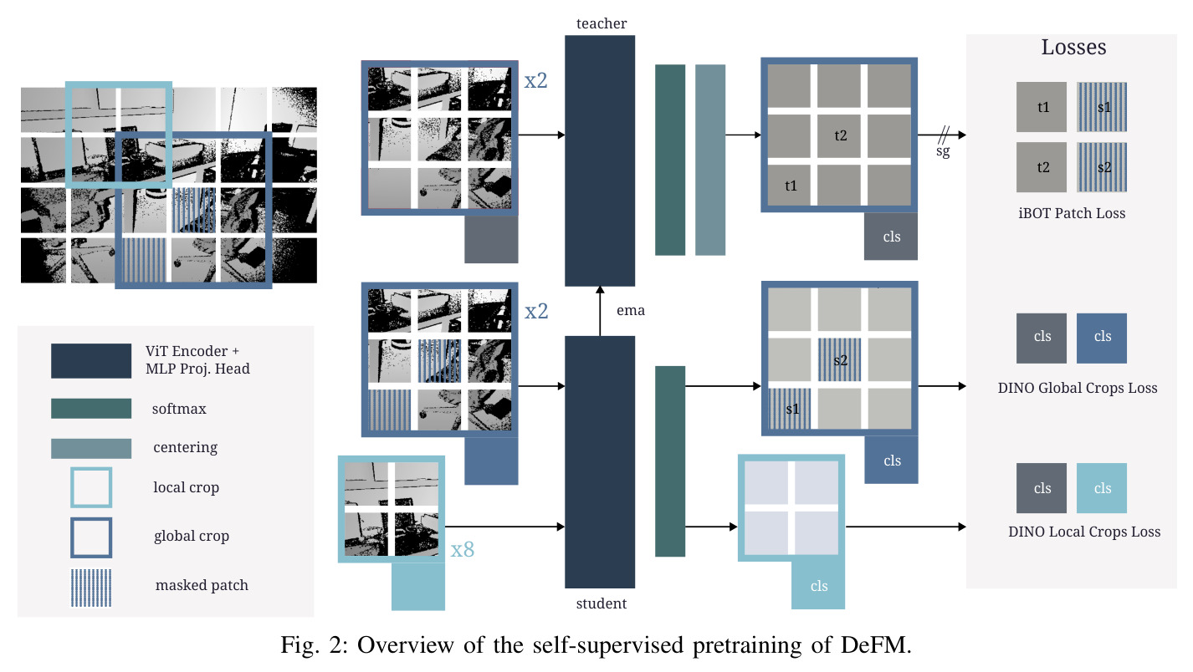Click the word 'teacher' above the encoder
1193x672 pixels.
pyautogui.click(x=602, y=23)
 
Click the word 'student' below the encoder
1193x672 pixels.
pyautogui.click(x=602, y=603)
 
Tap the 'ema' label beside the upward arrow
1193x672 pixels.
pyautogui.click(x=631, y=311)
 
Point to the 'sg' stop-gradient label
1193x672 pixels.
pyautogui.click(x=943, y=151)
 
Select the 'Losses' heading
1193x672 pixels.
pyautogui.click(x=1073, y=48)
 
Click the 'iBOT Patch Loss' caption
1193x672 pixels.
pyautogui.click(x=1072, y=213)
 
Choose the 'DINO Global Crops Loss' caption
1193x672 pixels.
pyautogui.click(x=1078, y=388)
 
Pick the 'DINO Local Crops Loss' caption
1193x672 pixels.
pyautogui.click(x=1083, y=532)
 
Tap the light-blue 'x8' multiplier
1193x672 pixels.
pyautogui.click(x=463, y=550)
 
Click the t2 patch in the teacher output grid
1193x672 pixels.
pyautogui.click(x=839, y=135)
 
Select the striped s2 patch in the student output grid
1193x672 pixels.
pyautogui.click(x=839, y=360)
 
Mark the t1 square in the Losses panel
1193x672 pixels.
pyautogui.click(x=1042, y=107)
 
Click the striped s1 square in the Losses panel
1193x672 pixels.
pyautogui.click(x=1102, y=107)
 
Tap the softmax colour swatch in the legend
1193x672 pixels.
pyautogui.click(x=91, y=409)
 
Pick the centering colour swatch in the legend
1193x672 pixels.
pyautogui.click(x=91, y=449)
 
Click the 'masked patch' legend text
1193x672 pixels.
pyautogui.click(x=202, y=585)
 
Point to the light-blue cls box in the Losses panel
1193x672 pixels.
pyautogui.click(x=1102, y=488)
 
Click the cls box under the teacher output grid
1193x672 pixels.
pyautogui.click(x=890, y=237)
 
